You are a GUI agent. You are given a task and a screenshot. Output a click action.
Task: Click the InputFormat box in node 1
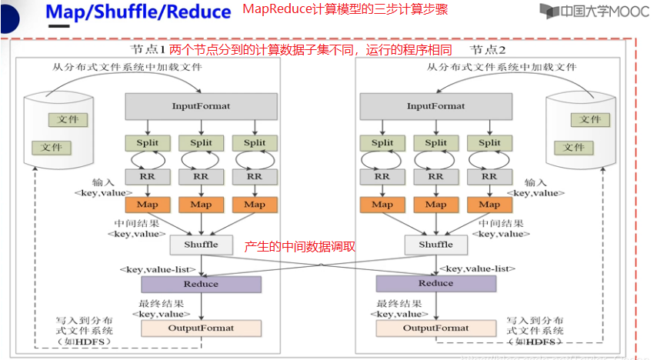(201, 106)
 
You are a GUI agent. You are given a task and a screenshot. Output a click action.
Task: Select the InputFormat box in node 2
(435, 106)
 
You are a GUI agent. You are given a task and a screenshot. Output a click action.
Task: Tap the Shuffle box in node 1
(201, 245)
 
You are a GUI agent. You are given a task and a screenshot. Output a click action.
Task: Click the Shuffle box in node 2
(435, 245)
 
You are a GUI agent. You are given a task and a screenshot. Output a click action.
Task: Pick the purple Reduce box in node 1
(201, 284)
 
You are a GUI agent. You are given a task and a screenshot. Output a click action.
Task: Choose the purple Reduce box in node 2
(435, 284)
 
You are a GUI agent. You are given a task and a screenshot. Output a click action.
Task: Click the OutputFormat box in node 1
(201, 328)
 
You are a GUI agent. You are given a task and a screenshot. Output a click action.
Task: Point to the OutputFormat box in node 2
(435, 328)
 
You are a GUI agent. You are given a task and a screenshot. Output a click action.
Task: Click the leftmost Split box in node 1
(148, 142)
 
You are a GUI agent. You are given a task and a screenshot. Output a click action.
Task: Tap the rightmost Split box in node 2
(489, 142)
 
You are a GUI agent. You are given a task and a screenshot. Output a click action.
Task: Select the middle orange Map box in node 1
(201, 204)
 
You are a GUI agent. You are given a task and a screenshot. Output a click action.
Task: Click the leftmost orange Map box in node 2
(382, 204)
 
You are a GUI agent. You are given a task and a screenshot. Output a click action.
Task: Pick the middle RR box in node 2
(435, 176)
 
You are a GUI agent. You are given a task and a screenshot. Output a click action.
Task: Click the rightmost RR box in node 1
(255, 176)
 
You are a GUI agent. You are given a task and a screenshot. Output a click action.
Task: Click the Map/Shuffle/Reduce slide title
(138, 12)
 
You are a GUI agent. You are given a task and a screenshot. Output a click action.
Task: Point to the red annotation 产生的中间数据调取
(299, 247)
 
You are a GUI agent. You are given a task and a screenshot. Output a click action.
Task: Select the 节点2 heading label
(489, 49)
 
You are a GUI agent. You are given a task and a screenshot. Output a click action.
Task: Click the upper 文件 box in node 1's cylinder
(68, 120)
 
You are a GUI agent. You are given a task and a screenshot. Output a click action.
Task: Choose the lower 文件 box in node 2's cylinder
(573, 147)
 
